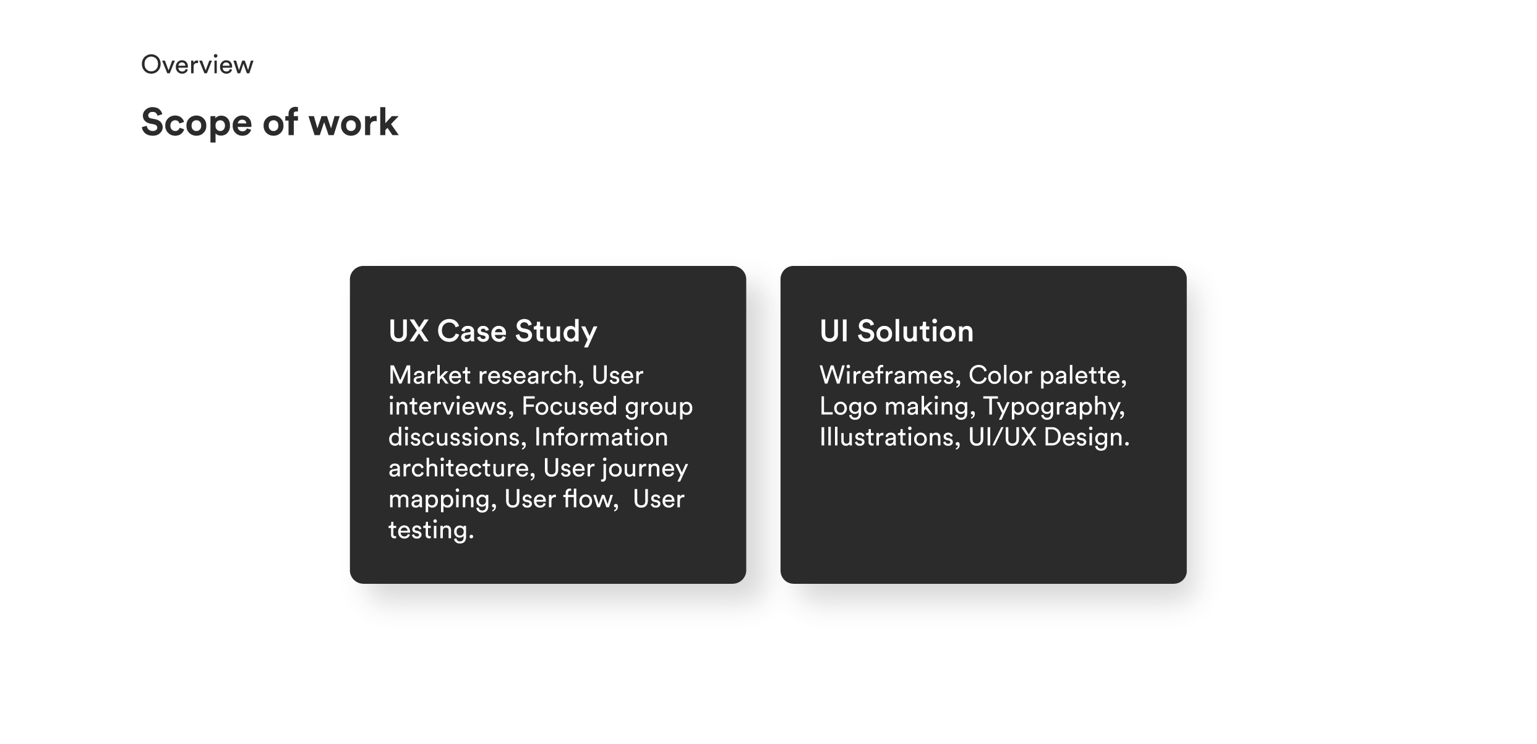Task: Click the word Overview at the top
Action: [x=197, y=65]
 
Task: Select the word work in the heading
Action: [x=353, y=122]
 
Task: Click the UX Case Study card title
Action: [x=492, y=331]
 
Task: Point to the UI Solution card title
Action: [x=896, y=331]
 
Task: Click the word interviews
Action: [x=447, y=406]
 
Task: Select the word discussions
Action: [x=456, y=437]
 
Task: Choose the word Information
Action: [x=601, y=437]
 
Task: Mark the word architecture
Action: [x=461, y=468]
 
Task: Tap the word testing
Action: [x=430, y=531]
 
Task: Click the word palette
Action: [x=1082, y=375]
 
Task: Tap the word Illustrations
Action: [x=889, y=437]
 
